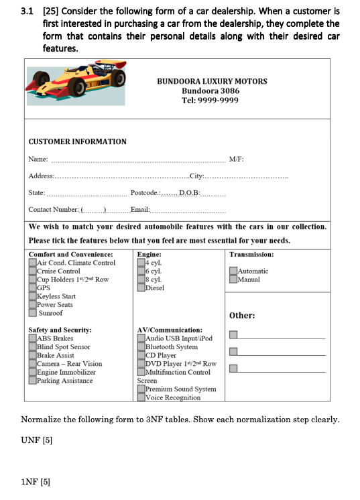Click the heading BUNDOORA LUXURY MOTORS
pyautogui.click(x=212, y=81)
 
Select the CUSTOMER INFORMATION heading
pyautogui.click(x=77, y=141)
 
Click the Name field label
pyautogui.click(x=38, y=159)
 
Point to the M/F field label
pyautogui.click(x=236, y=159)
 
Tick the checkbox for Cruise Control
pyautogui.click(x=33, y=271)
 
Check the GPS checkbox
pyautogui.click(x=33, y=288)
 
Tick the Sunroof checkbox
pyautogui.click(x=33, y=312)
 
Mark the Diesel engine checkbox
pyautogui.click(x=141, y=288)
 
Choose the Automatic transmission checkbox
pyautogui.click(x=233, y=271)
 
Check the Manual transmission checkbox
pyautogui.click(x=233, y=279)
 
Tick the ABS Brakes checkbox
pyautogui.click(x=33, y=338)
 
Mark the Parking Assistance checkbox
pyautogui.click(x=33, y=381)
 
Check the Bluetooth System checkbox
pyautogui.click(x=141, y=347)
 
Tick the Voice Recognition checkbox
pyautogui.click(x=141, y=397)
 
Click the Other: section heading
pyautogui.click(x=242, y=316)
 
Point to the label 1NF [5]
pyautogui.click(x=36, y=481)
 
